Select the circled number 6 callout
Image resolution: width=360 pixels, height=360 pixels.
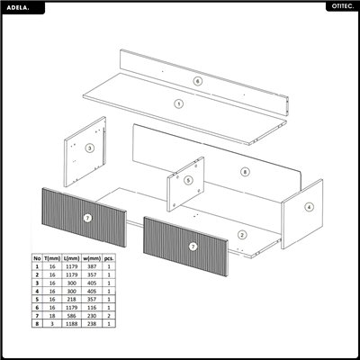pyautogui.click(x=197, y=81)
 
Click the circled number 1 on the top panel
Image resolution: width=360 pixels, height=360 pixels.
pyautogui.click(x=178, y=104)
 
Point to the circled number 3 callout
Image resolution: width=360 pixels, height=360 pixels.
pyautogui.click(x=89, y=148)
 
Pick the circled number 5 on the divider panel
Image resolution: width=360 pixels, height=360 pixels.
pyautogui.click(x=188, y=180)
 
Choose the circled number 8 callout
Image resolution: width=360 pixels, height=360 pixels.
pyautogui.click(x=244, y=171)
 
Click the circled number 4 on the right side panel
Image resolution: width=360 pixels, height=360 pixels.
pyautogui.click(x=309, y=206)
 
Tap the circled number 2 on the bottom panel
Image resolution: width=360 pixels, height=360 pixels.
pyautogui.click(x=241, y=235)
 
